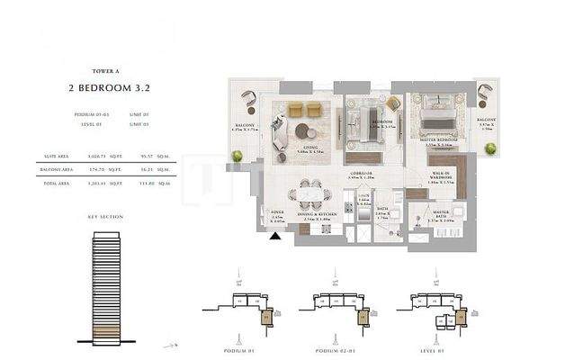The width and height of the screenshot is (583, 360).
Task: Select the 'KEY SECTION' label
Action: point(105,217)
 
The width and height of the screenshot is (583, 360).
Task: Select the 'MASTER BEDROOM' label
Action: point(441,140)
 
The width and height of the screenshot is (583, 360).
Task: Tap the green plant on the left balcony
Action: point(238,157)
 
